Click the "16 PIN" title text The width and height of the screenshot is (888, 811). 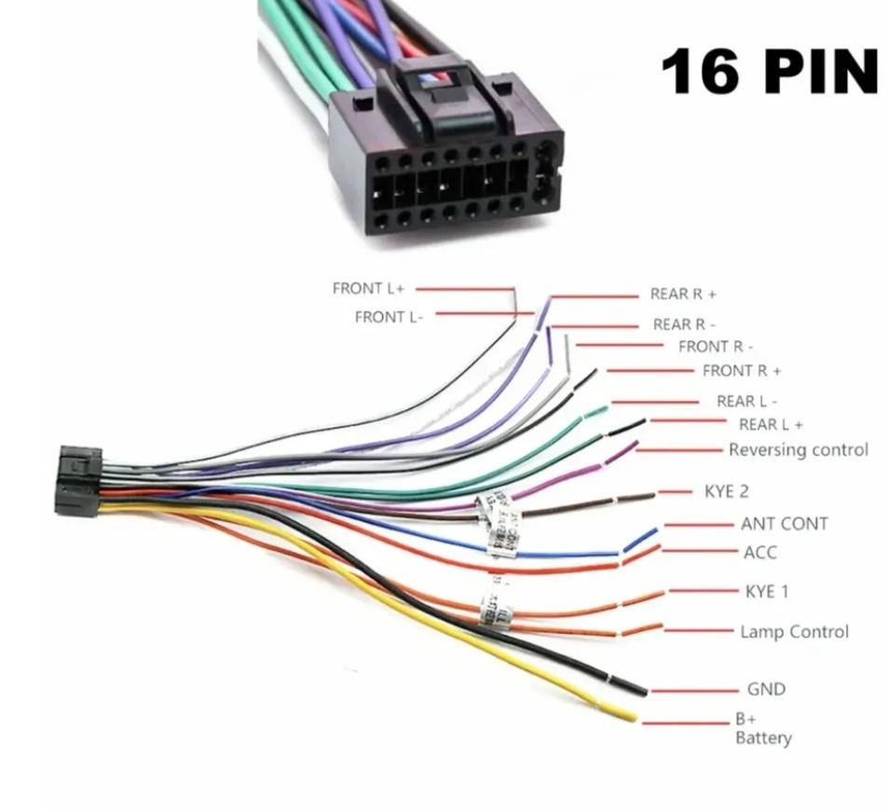769,72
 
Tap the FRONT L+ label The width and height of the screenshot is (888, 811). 369,289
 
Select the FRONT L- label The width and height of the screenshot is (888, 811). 389,317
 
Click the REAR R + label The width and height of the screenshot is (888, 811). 684,295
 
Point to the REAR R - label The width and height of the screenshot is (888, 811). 685,324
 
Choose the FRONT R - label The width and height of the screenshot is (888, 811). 716,347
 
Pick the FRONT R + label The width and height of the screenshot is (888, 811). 742,371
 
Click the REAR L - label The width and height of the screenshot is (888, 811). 747,402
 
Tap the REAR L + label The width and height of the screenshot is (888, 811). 771,425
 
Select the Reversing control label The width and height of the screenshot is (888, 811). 798,450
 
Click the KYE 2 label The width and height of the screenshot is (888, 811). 727,491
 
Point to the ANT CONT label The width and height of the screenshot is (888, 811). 784,524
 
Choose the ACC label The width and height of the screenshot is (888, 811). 760,553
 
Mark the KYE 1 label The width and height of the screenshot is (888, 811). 767,591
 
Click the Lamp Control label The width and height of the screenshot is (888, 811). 794,632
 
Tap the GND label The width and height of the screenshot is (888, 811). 766,690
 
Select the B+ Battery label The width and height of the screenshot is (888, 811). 763,729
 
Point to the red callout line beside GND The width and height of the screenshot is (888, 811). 693,691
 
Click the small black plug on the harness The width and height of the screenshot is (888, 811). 78,480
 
